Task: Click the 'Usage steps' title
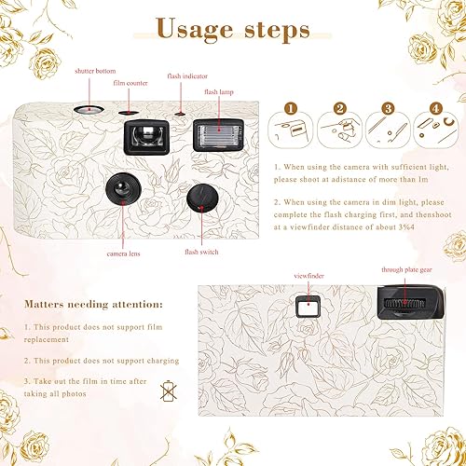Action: pyautogui.click(x=233, y=29)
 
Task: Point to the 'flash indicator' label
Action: pyautogui.click(x=186, y=75)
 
